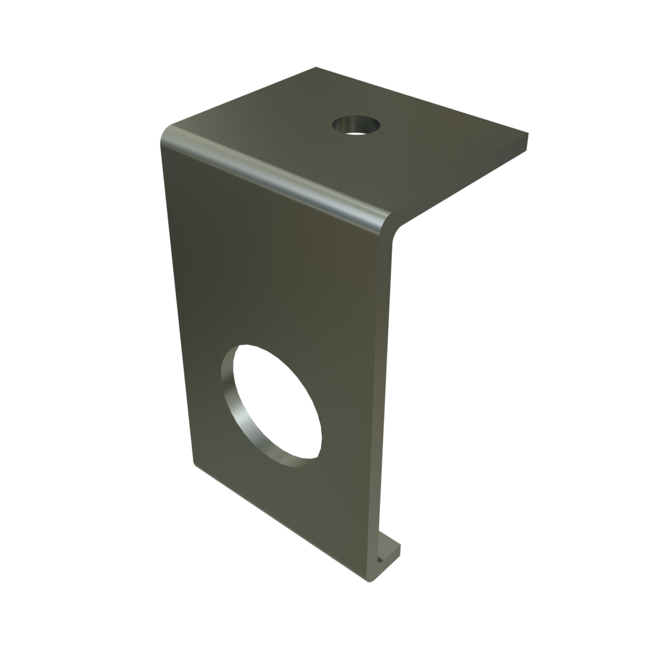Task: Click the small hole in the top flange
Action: (356, 125)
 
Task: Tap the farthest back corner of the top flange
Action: (315, 68)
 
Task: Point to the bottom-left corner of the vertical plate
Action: (194, 465)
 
